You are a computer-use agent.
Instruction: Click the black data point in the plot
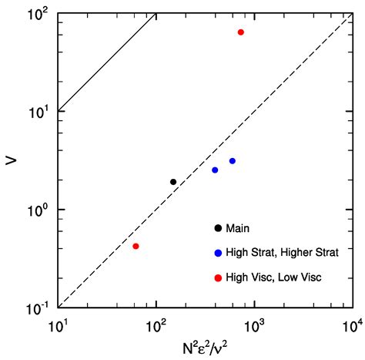pyautogui.click(x=173, y=182)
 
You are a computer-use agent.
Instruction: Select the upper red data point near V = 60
pyautogui.click(x=241, y=32)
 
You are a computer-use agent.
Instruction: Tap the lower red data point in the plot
pyautogui.click(x=136, y=246)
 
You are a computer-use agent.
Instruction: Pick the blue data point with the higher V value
pyautogui.click(x=232, y=161)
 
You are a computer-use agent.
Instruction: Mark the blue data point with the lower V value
pyautogui.click(x=215, y=170)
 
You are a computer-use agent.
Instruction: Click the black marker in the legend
pyautogui.click(x=219, y=227)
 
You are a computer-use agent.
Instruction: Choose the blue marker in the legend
pyautogui.click(x=219, y=252)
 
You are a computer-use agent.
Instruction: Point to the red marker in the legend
pyautogui.click(x=219, y=277)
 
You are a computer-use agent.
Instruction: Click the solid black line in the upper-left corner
pyautogui.click(x=108, y=60)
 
